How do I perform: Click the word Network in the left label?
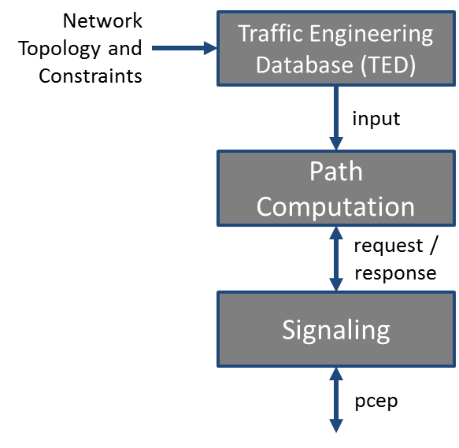pos(102,20)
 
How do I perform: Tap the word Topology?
pos(59,49)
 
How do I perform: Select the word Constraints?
pos(91,76)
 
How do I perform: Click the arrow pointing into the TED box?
pos(184,48)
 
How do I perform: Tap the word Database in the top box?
pos(305,65)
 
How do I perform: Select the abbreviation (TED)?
pos(388,65)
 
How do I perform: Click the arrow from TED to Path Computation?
pos(336,118)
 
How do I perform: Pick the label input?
pos(376,119)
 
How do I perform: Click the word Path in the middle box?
pos(336,172)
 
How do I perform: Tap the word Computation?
pos(335,207)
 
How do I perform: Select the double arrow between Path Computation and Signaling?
pos(336,258)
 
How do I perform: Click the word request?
pos(388,246)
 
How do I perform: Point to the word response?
pos(395,273)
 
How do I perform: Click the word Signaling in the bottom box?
pos(336,330)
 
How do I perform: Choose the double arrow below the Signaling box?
pos(336,400)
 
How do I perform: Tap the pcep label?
pos(376,402)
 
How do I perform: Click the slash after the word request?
pos(434,245)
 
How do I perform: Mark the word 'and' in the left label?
pos(125,48)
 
